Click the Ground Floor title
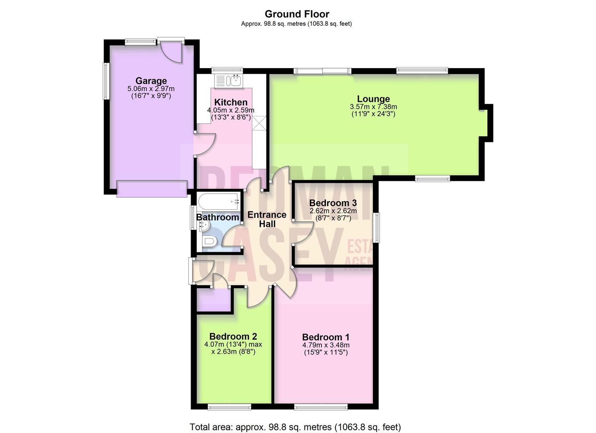297,14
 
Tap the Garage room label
151,81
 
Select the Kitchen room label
230,102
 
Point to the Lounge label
373,99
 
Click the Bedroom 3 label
333,203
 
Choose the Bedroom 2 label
233,336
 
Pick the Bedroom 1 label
325,337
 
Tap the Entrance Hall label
267,219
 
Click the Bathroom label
217,217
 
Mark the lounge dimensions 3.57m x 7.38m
373,107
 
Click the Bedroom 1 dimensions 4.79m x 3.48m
325,345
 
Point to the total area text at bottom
295,427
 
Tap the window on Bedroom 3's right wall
376,228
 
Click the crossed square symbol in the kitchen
259,123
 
